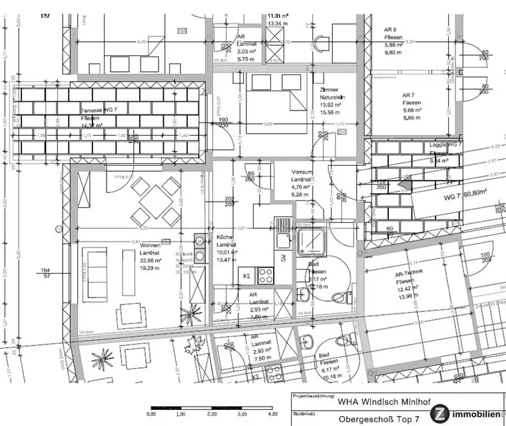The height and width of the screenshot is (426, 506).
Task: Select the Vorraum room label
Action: click(x=302, y=171)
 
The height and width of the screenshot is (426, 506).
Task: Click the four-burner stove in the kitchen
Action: click(x=265, y=274)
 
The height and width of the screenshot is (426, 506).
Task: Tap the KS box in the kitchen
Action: click(x=246, y=275)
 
